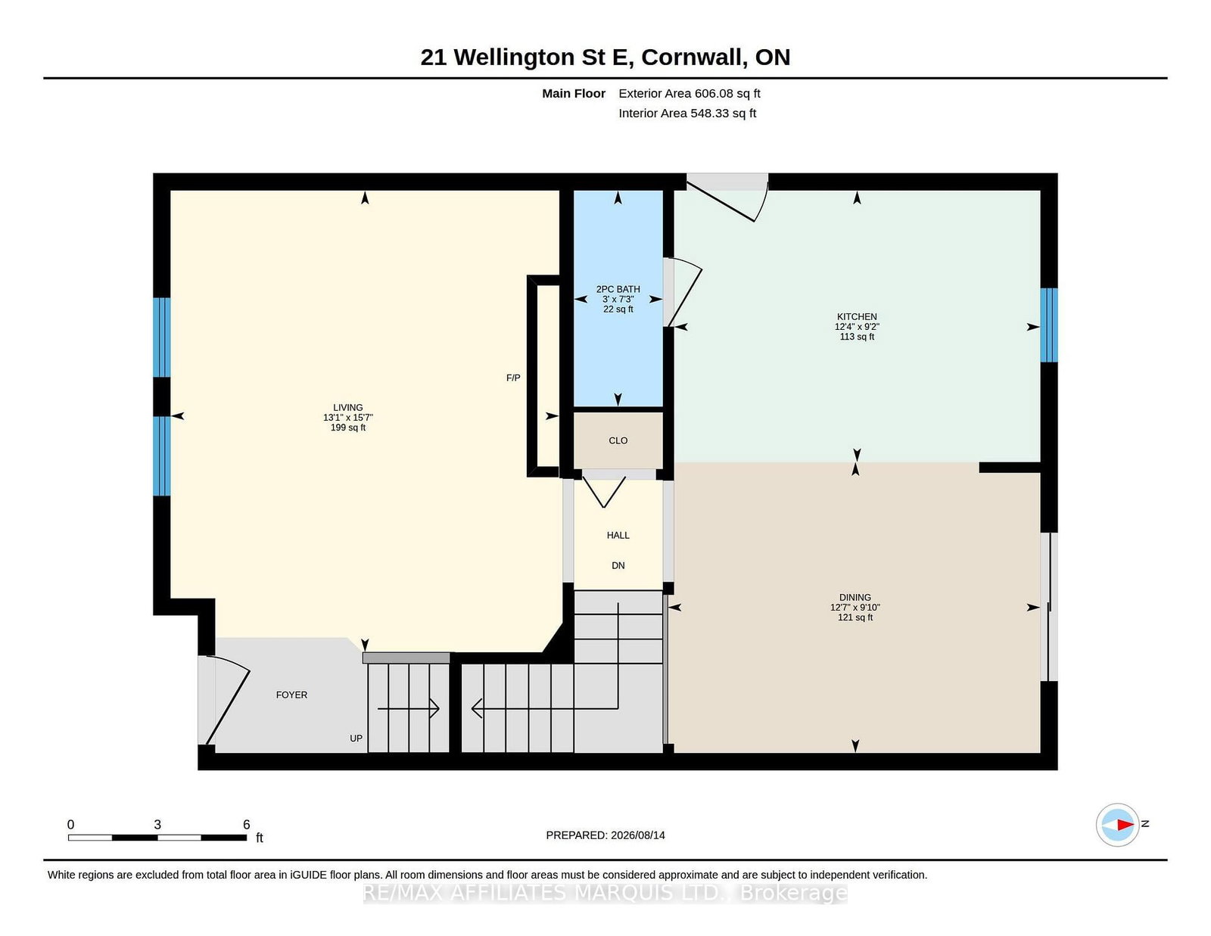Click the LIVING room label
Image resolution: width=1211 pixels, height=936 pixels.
coord(347,407)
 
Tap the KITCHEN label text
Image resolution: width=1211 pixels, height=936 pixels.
coord(857,316)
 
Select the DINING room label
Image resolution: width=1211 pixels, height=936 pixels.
coord(855,597)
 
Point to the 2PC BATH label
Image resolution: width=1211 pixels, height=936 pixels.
coord(618,289)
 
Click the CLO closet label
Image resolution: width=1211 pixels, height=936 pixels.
coord(618,440)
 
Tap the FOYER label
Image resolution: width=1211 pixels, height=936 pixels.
coord(291,695)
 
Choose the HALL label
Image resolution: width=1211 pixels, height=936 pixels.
coord(618,536)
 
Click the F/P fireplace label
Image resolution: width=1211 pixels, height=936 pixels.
coord(513,378)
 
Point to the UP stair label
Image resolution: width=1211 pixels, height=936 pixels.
coord(356,739)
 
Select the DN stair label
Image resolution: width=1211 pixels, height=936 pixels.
coord(618,565)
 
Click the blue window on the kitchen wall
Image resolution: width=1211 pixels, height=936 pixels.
coord(1049,325)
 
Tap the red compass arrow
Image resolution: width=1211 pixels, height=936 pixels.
coord(1125,825)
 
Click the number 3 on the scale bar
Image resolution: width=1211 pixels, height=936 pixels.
coord(157,825)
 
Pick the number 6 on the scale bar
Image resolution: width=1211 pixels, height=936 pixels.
coord(246,825)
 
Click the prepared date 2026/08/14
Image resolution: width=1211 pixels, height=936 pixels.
coord(638,835)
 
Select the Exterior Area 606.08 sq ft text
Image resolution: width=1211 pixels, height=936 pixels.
coord(690,94)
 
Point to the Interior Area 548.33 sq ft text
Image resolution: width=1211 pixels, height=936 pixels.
coord(687,113)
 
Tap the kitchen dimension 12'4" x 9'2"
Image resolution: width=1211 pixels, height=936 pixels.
coord(857,326)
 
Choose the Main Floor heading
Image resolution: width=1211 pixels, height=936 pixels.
coord(574,94)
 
